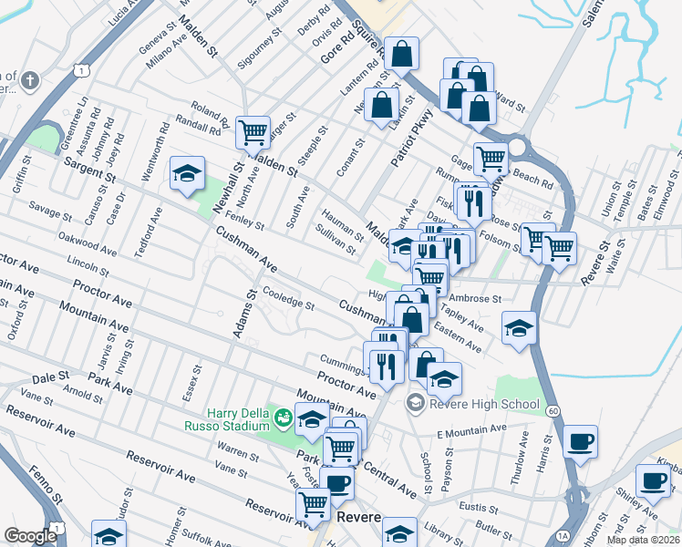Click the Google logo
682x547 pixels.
[30, 536]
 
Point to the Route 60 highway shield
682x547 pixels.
[553, 411]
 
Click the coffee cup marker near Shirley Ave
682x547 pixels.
[653, 480]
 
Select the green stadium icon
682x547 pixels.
[284, 418]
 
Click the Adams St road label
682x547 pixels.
[242, 315]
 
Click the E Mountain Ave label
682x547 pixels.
[470, 430]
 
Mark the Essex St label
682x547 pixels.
[195, 381]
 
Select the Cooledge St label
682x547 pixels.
[288, 299]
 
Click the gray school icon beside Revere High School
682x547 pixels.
[415, 403]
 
